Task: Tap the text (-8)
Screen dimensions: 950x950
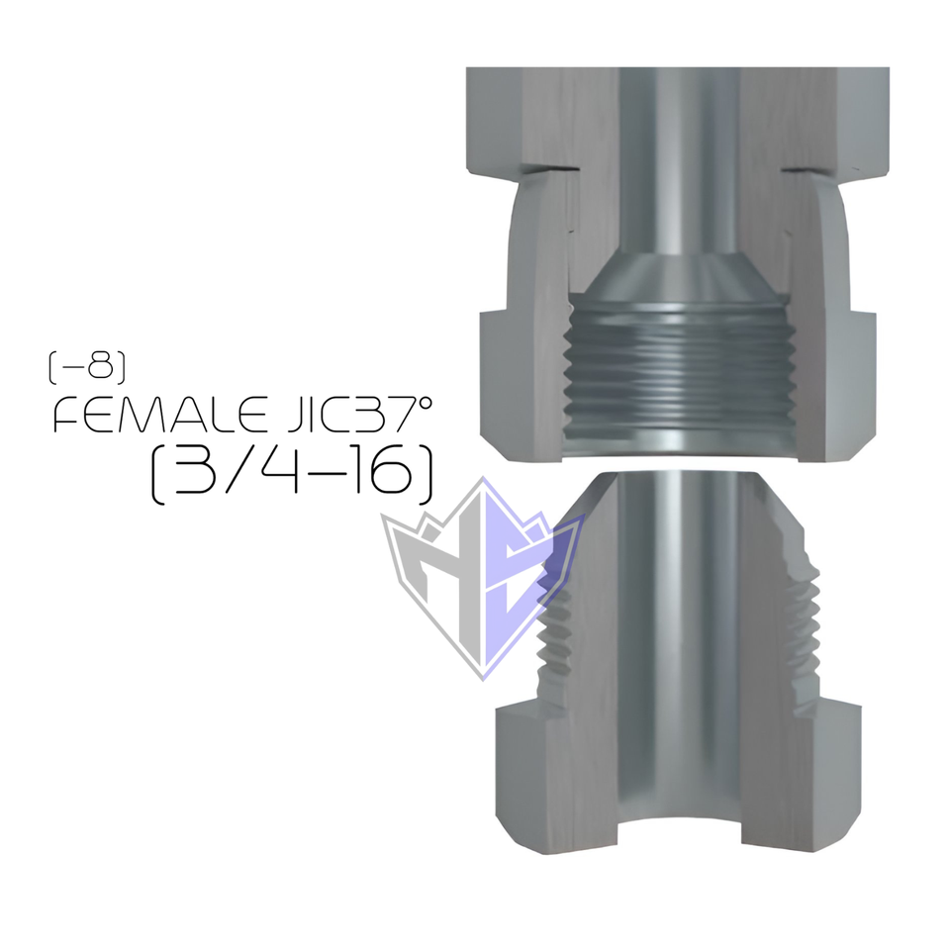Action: tap(87, 368)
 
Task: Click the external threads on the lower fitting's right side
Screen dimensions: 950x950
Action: tap(807, 614)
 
